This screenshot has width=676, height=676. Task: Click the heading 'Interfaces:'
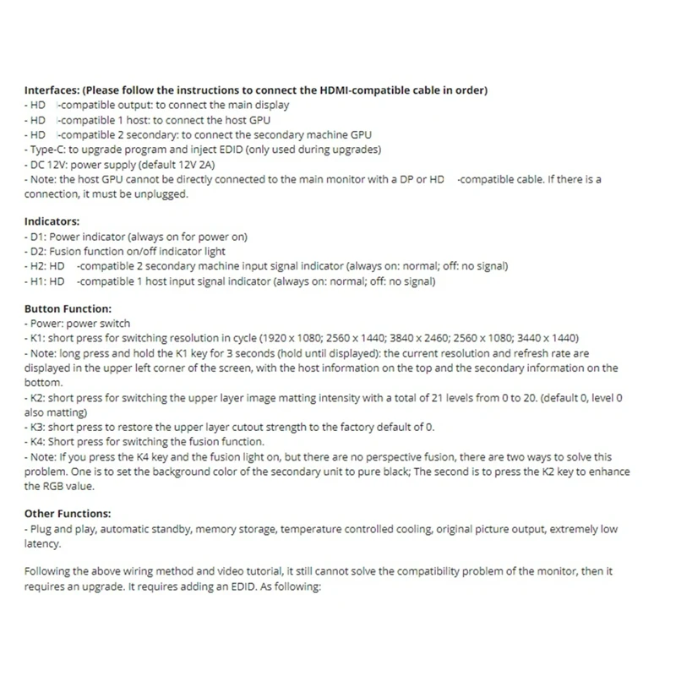(x=52, y=90)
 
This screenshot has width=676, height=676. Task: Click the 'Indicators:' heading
(x=52, y=221)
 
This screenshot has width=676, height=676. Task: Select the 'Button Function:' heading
(x=68, y=309)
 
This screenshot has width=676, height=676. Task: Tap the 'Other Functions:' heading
(x=67, y=513)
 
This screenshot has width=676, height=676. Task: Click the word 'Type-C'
(x=47, y=149)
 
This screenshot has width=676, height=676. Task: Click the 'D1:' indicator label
(x=37, y=236)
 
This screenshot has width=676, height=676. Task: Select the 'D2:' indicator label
(x=38, y=251)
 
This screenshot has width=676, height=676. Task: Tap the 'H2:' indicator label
(x=38, y=265)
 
